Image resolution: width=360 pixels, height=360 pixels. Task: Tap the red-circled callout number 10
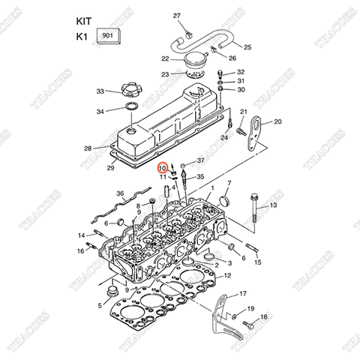coord(163,169)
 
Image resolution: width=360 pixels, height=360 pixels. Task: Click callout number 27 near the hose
coord(177,16)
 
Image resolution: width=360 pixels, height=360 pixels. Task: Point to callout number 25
coord(247,47)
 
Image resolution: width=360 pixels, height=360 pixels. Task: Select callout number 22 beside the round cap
coord(165,58)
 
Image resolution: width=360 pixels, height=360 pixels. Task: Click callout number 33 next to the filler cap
coord(100,91)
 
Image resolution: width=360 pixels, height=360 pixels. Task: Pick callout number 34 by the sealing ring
coord(100,112)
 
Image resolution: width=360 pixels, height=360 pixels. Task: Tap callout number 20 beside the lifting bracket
coord(277,121)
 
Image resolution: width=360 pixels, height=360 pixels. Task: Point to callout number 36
coord(120,193)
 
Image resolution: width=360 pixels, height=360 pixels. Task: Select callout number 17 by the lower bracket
coord(241,293)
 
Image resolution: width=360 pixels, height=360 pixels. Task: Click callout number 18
coord(263,318)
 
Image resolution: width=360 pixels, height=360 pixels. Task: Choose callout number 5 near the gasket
coord(100,304)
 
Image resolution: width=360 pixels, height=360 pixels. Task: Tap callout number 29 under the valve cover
coord(111,168)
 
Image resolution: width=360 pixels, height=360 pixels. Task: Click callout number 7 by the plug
coord(229,183)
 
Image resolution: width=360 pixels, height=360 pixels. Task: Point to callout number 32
coord(241,71)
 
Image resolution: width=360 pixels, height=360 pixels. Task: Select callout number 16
coord(80,250)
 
